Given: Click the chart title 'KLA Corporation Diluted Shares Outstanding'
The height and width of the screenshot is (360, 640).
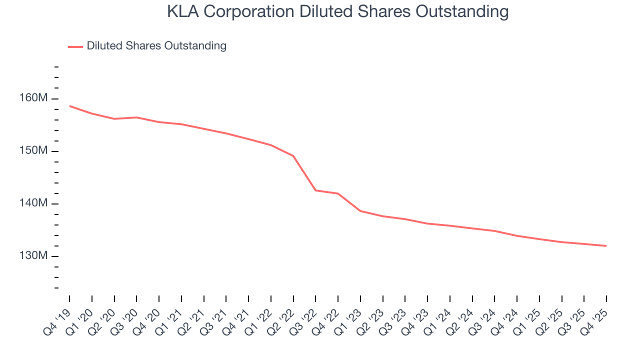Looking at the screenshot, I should click(337, 11).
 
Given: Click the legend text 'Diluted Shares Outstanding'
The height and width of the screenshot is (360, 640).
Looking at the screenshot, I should click(156, 46).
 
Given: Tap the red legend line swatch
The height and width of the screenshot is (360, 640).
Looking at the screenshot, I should click(75, 46).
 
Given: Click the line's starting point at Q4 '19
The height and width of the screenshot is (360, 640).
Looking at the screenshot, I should click(69, 106).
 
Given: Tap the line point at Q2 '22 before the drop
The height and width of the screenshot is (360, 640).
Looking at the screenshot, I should click(293, 156).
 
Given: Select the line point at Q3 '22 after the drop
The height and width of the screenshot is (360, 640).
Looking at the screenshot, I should click(315, 190).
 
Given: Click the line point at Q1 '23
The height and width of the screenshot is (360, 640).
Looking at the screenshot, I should click(360, 211).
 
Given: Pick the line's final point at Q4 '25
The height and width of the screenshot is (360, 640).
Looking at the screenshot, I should click(606, 246).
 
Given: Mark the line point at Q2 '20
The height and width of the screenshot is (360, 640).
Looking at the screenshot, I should click(114, 119).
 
